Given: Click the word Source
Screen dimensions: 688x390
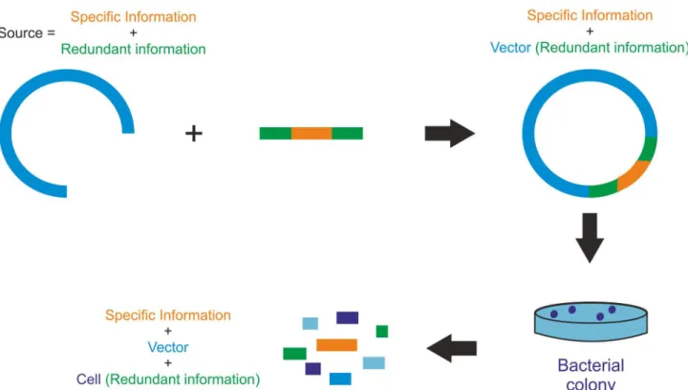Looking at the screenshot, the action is click(x=21, y=32).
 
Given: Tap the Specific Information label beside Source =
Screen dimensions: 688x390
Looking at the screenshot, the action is click(x=134, y=16).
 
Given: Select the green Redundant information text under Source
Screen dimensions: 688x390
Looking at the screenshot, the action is click(x=133, y=49).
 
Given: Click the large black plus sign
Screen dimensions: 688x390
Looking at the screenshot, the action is click(x=193, y=133).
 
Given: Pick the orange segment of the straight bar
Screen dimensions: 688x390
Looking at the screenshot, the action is click(x=312, y=133).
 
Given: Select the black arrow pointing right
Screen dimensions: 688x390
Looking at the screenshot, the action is click(x=450, y=133).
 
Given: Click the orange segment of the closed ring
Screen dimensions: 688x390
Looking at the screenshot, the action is click(x=634, y=175).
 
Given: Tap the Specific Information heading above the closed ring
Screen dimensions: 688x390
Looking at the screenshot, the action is click(x=590, y=15).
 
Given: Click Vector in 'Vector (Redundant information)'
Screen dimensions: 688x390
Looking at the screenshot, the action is click(x=510, y=48).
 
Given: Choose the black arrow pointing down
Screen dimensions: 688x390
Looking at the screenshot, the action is click(x=590, y=238).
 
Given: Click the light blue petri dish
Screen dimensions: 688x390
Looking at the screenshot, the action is click(x=591, y=321).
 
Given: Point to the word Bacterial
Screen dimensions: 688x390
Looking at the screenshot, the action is click(x=591, y=365).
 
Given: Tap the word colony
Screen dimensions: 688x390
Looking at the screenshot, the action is click(x=591, y=384).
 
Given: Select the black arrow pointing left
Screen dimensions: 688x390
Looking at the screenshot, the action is click(x=452, y=348).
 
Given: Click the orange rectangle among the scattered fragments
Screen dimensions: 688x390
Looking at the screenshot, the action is click(x=336, y=345).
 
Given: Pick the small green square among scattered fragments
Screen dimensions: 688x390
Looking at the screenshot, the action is click(x=382, y=332).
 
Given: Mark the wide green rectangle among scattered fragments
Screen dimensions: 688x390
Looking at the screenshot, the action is click(x=295, y=354).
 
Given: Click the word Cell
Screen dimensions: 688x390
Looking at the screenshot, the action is click(x=88, y=379).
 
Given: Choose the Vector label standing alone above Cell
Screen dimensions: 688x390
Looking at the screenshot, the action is click(x=168, y=347).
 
